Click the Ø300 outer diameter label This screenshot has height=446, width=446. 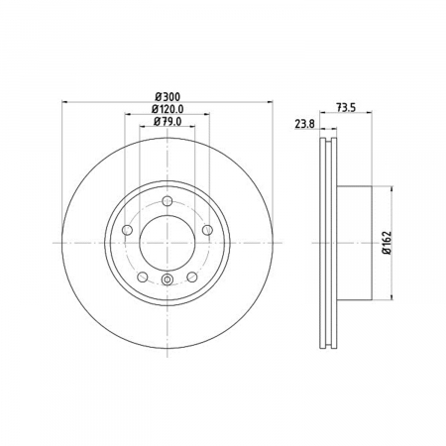pyautogui.click(x=167, y=97)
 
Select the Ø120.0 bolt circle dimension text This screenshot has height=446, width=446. pyautogui.click(x=167, y=109)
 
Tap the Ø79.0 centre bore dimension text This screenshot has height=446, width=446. pyautogui.click(x=167, y=122)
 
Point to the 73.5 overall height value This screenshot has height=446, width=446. pyautogui.click(x=346, y=108)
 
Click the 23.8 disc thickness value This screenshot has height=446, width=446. pyautogui.click(x=305, y=124)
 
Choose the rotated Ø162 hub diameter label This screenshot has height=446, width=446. pyautogui.click(x=387, y=243)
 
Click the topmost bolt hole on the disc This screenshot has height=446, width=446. pyautogui.click(x=167, y=200)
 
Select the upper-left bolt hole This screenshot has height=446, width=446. pyautogui.click(x=127, y=230)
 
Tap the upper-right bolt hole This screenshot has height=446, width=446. pyautogui.click(x=207, y=230)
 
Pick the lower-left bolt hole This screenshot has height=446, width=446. pyautogui.click(x=143, y=277)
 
